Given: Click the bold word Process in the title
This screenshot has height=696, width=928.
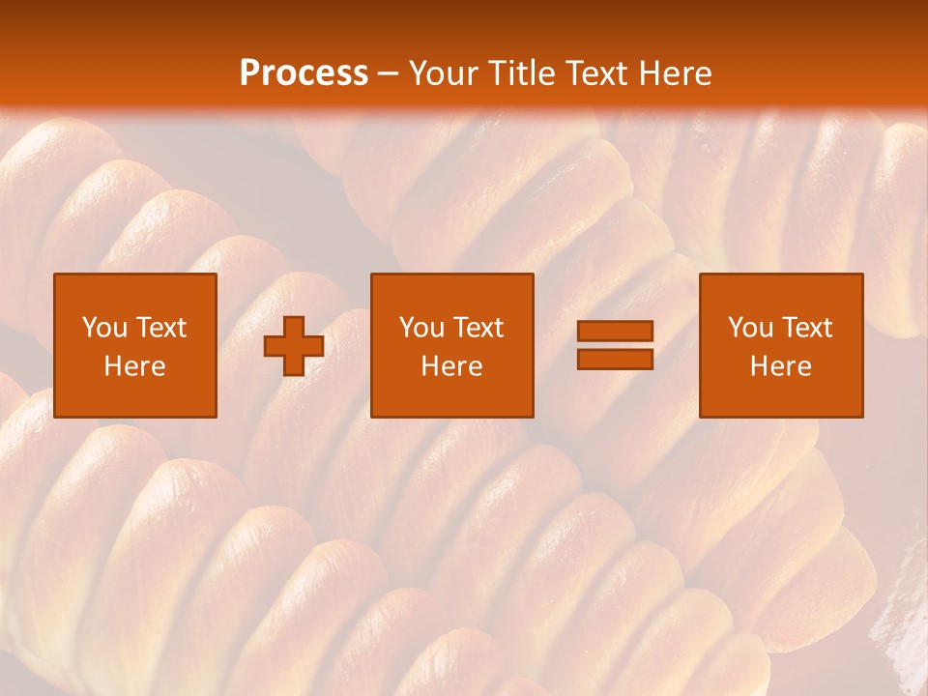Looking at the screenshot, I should pos(304,73).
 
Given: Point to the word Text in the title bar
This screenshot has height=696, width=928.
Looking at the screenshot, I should pos(599,73).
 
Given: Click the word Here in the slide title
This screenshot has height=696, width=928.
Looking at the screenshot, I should pos(677,73).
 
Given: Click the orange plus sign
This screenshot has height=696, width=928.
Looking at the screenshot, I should pos(294,346).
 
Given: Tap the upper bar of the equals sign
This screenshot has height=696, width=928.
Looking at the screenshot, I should pos(615,331).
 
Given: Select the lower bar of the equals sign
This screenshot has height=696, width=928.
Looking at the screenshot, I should pos(615,360).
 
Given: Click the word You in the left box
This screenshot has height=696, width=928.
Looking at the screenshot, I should pos(104,328).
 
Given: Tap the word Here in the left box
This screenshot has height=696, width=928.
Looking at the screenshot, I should pos(134,366).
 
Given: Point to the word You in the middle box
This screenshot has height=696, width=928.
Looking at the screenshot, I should pos(421,328).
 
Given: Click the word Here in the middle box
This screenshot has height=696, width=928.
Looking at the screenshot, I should pos(451,366).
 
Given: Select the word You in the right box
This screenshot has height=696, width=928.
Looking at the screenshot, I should pos(750,328).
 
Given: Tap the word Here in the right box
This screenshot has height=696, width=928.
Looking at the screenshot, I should pos(780,366).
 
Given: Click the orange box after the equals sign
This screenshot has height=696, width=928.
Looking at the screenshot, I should pos(780,396).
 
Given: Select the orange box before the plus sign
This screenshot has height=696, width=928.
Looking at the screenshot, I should pos(134,396).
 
